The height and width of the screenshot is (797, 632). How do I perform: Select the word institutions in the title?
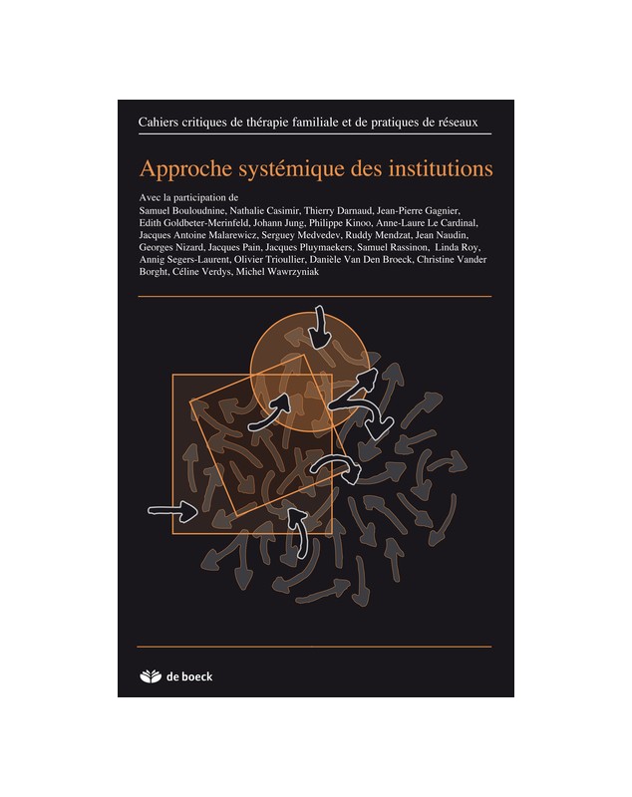click(x=441, y=168)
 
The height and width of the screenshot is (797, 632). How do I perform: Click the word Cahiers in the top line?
click(x=156, y=123)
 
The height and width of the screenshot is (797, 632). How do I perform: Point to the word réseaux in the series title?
click(x=459, y=123)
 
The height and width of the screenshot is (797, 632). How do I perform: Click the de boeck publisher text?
click(x=189, y=676)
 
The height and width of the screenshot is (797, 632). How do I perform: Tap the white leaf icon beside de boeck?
click(x=150, y=676)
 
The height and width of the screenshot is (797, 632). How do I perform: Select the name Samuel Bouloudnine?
click(x=182, y=210)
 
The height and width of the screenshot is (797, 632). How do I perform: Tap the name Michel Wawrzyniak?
click(x=277, y=272)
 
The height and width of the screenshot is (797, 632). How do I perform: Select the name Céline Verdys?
click(x=201, y=272)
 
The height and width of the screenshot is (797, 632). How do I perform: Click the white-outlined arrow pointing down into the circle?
click(x=319, y=327)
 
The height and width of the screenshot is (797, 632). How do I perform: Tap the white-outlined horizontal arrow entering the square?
click(x=172, y=510)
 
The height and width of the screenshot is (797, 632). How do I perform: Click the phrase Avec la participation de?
click(x=188, y=197)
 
